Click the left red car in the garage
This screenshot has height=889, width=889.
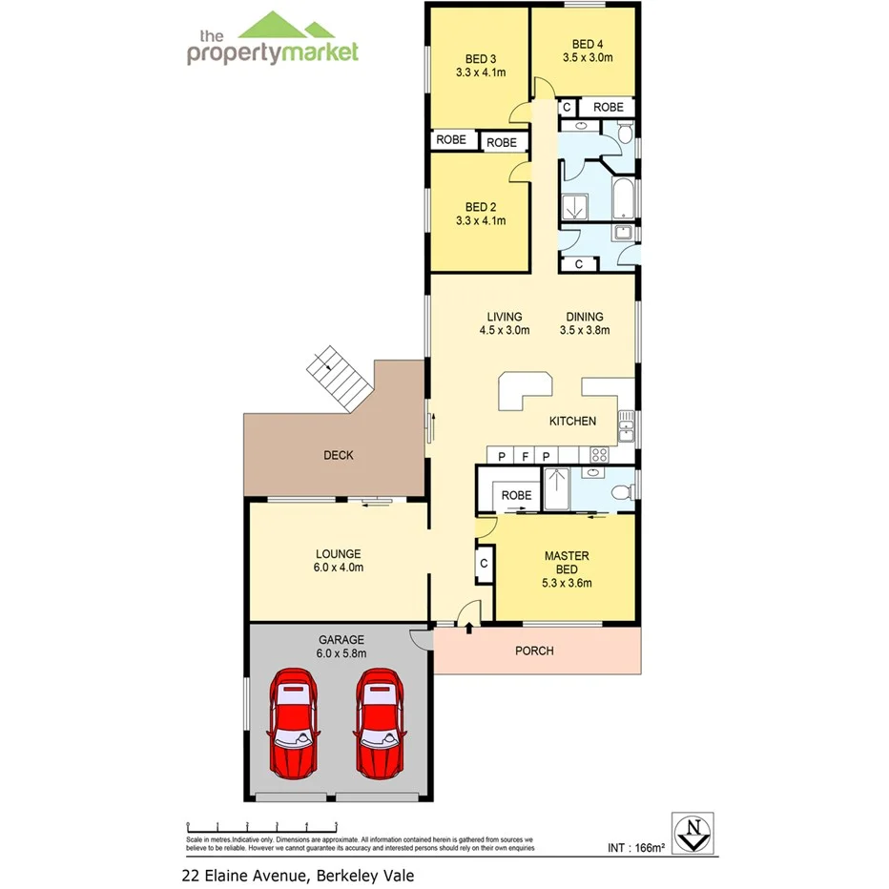click(294, 722)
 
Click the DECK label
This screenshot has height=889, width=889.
click(338, 455)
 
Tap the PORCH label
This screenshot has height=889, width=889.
click(534, 651)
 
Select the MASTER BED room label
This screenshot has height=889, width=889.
click(567, 562)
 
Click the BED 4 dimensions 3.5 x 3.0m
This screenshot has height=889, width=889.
click(587, 57)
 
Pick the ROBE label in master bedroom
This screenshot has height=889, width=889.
click(516, 495)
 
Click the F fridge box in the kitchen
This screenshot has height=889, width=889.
click(524, 456)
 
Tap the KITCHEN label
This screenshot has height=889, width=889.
click(572, 421)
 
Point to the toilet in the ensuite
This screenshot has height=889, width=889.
click(621, 492)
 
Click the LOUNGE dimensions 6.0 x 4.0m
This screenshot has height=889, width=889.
click(339, 568)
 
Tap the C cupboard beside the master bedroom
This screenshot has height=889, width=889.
click(484, 563)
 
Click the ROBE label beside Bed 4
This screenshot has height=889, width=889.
click(609, 107)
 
